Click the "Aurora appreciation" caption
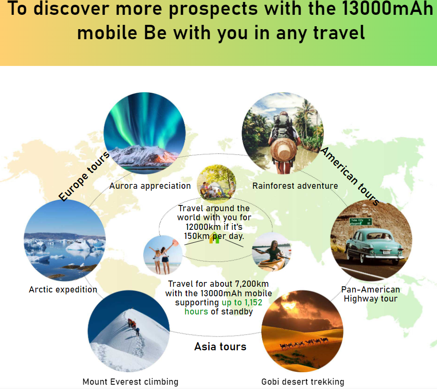[150, 186]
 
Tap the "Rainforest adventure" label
[295, 186]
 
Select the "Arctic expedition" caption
[63, 290]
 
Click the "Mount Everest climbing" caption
[130, 381]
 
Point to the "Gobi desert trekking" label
[303, 381]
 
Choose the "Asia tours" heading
[220, 346]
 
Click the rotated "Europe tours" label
[84, 176]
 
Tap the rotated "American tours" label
[350, 176]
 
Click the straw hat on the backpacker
[283, 150]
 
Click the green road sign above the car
[361, 222]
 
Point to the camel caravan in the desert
[304, 343]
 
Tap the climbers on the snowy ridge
[133, 326]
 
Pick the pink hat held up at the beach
[176, 243]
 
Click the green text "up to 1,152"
[242, 303]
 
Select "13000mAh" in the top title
[387, 9]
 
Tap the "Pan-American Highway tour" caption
[371, 294]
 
